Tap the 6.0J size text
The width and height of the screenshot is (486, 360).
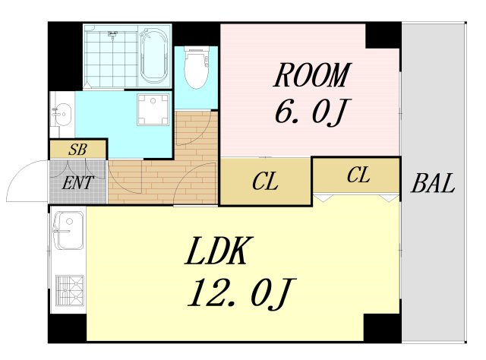[x=313, y=112]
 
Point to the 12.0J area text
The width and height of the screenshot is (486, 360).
[x=241, y=293]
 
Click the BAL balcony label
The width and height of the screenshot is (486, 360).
[x=433, y=183]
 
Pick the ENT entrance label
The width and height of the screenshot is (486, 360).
[x=77, y=182]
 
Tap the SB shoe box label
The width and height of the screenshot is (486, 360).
[x=77, y=150]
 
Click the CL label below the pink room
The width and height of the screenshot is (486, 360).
[x=265, y=182]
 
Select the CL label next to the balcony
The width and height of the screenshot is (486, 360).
[x=358, y=175]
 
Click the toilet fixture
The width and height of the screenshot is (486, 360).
[x=197, y=68]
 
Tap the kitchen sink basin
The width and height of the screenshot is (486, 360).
[x=68, y=230]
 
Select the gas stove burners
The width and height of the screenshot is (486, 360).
[x=70, y=290]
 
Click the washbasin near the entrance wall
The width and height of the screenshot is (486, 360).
[x=62, y=114]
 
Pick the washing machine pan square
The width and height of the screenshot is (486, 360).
[x=153, y=109]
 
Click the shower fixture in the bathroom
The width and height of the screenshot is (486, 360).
[x=113, y=34]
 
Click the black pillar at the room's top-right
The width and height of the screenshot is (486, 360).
[x=383, y=36]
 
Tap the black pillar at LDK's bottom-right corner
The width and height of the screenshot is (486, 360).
[x=382, y=328]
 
